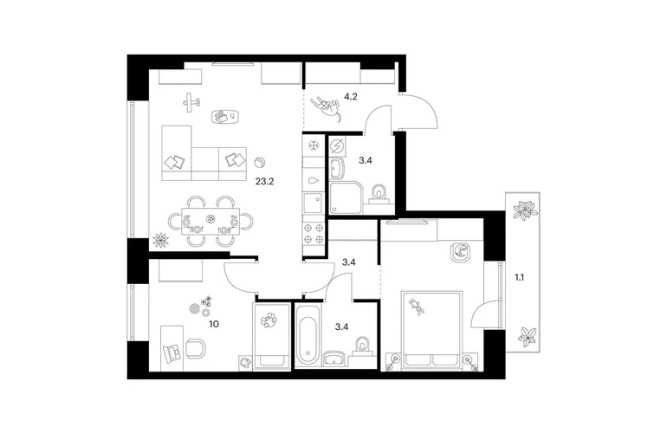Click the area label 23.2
pyautogui.click(x=264, y=182)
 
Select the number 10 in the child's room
pyautogui.click(x=214, y=324)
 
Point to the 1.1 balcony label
pyautogui.click(x=519, y=278)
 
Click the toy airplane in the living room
pyautogui.click(x=191, y=102)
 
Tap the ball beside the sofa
pyautogui.click(x=259, y=163)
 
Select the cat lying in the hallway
pyautogui.click(x=327, y=108)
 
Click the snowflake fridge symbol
pyautogui.click(x=314, y=145)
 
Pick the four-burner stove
pyautogui.click(x=314, y=234)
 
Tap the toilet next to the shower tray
pyautogui.click(x=379, y=193)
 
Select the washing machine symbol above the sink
pyautogui.click(x=337, y=146)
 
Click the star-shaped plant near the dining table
pyautogui.click(x=160, y=240)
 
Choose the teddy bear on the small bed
pyautogui.click(x=269, y=320)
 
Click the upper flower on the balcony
pyautogui.click(x=526, y=210)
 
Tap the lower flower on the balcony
pyautogui.click(x=527, y=336)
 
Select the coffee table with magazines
pyautogui.click(x=224, y=117)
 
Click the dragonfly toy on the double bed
pyautogui.click(x=417, y=307)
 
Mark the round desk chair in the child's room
pyautogui.click(x=195, y=347)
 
